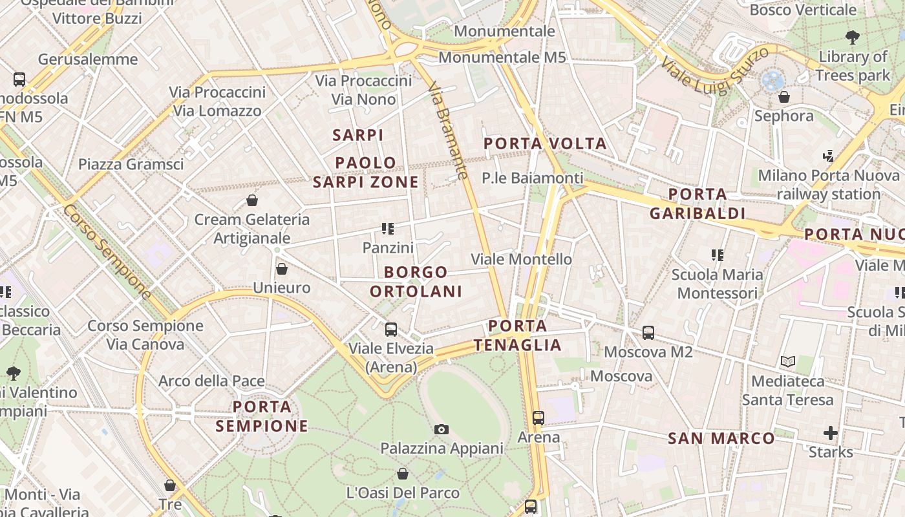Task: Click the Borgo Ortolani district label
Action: [x=416, y=282]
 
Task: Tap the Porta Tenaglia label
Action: [x=518, y=335]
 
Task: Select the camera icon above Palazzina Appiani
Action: [x=442, y=429]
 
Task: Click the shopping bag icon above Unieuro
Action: [x=282, y=268]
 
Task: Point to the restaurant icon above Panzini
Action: [x=388, y=228]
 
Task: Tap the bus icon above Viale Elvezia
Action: [x=391, y=330]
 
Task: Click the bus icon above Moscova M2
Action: [x=648, y=333]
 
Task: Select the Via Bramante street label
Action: [x=447, y=130]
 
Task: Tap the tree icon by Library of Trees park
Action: [x=853, y=37]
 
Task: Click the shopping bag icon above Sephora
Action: [x=784, y=97]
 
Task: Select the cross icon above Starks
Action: [x=831, y=432]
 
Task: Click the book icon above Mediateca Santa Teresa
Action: [x=787, y=361]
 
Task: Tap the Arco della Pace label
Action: [x=211, y=381]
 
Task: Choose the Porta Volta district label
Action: [x=546, y=143]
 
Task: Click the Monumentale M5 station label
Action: [x=502, y=58]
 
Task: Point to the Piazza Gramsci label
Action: [x=131, y=164]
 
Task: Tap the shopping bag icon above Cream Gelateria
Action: [x=252, y=200]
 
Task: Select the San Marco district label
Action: [x=721, y=439]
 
